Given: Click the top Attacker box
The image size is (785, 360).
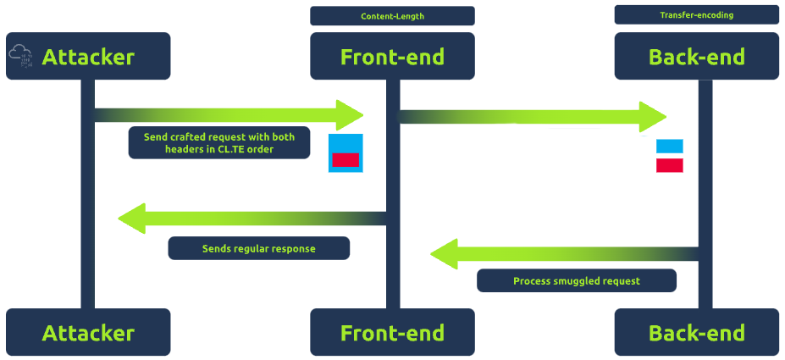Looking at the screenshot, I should tap(88, 57).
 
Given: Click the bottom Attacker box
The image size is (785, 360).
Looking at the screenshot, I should tap(88, 333).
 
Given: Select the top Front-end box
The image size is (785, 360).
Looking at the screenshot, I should tap(392, 57).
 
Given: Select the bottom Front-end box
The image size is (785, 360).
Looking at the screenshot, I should tap(392, 333).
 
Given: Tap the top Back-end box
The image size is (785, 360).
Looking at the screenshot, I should tap(696, 57).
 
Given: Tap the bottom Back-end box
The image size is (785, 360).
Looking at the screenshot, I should tap(696, 333).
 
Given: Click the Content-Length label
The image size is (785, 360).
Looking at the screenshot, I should tap(392, 16).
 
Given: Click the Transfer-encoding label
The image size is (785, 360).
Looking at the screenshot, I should tap(696, 15).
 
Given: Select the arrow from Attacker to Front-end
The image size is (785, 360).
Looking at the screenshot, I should tap(229, 115).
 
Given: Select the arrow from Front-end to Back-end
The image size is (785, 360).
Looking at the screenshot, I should tap(533, 117).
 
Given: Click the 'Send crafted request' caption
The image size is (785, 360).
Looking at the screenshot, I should tap(219, 142).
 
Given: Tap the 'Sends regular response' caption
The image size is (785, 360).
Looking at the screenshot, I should tap(258, 248).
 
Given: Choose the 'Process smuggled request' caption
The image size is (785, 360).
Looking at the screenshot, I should tap(576, 280).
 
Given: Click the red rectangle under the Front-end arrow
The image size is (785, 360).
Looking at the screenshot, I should tap(346, 159).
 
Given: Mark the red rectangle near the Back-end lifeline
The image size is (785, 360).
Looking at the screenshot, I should tap(670, 165).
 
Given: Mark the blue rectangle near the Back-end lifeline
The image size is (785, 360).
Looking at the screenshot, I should tap(670, 146).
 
